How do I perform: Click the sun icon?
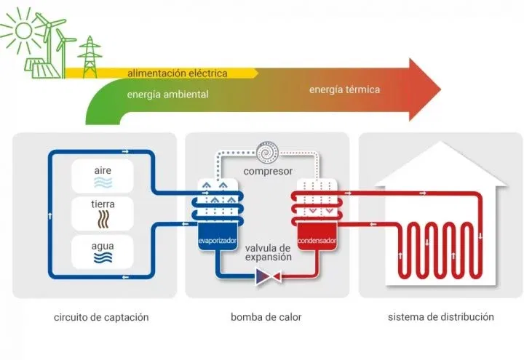[x=23, y=31]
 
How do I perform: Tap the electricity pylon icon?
[x=90, y=57]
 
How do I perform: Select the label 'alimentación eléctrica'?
[x=177, y=73]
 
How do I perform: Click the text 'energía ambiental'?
[x=167, y=95]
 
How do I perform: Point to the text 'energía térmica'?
[x=344, y=89]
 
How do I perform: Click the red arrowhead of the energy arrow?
[x=424, y=89]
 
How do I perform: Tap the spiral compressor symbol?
[x=267, y=153]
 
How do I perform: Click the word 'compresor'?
[x=268, y=172]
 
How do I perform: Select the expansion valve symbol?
[x=268, y=276]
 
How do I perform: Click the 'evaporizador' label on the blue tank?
[x=217, y=241]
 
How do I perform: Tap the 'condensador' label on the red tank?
[x=317, y=241]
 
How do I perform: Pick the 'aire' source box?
[x=103, y=176]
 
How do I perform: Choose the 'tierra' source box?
[x=103, y=214]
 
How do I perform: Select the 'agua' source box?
[x=103, y=252]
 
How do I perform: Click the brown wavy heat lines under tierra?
[x=103, y=220]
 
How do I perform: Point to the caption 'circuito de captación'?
[x=101, y=317]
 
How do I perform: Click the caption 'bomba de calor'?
[x=266, y=317]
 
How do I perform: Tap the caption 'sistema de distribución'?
[x=441, y=317]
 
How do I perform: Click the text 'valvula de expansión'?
[x=269, y=253]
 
